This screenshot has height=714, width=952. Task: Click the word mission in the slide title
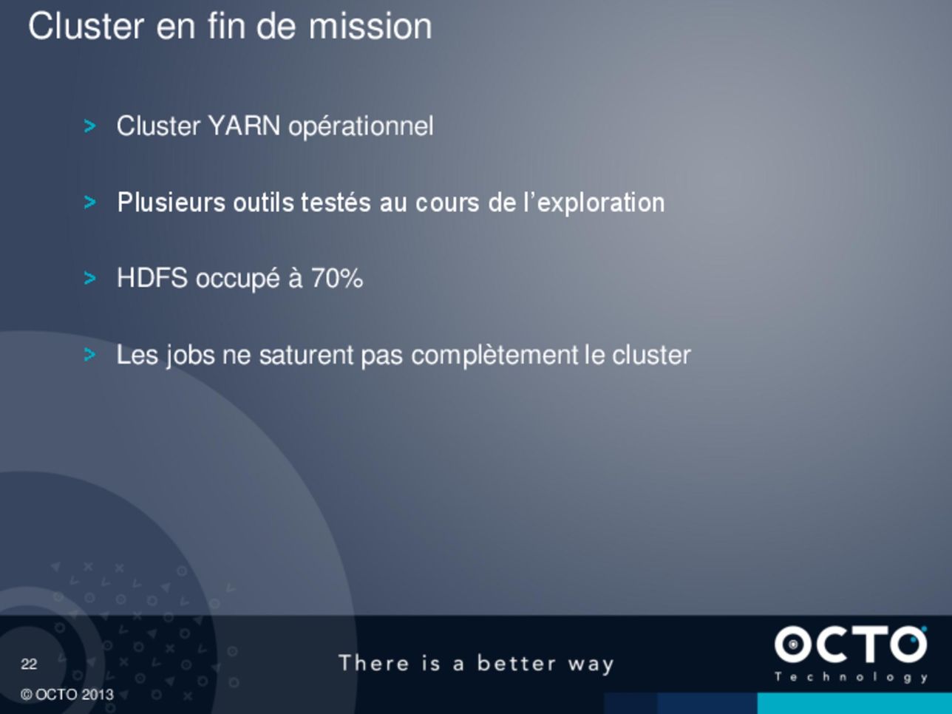click(370, 27)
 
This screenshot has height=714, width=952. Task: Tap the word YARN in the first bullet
click(244, 126)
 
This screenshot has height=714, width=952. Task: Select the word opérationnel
click(361, 127)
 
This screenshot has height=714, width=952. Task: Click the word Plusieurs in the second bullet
click(171, 203)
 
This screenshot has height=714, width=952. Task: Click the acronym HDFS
click(152, 278)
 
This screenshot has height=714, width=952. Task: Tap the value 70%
click(337, 278)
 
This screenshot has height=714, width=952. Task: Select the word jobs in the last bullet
click(190, 356)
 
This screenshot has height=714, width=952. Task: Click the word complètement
click(494, 356)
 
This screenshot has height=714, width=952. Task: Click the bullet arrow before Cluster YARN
click(89, 126)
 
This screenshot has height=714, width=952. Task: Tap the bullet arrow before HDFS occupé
click(89, 279)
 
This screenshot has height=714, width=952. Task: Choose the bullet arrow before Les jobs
click(89, 355)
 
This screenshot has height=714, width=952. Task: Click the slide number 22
click(29, 664)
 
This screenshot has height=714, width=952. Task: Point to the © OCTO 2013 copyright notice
click(67, 695)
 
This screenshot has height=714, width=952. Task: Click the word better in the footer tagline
click(516, 664)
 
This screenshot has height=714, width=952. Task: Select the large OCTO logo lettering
click(851, 645)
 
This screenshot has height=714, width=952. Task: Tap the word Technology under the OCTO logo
click(851, 678)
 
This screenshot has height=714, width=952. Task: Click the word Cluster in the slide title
click(86, 27)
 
